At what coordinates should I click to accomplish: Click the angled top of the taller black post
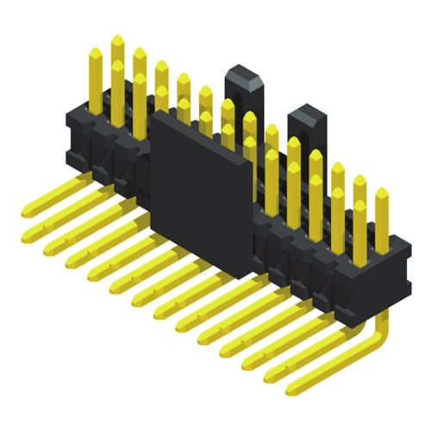(240, 74)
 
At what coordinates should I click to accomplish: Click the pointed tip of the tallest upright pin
(117, 39)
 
